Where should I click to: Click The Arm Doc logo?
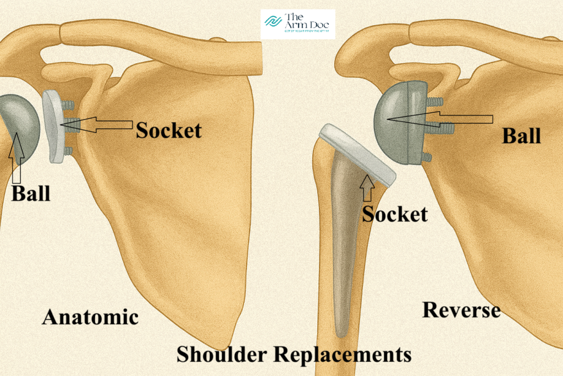click(x=297, y=24)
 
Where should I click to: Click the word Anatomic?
click(x=90, y=317)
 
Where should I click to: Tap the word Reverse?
click(x=461, y=310)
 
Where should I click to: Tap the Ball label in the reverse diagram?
click(x=521, y=135)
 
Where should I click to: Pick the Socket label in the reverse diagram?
click(x=395, y=214)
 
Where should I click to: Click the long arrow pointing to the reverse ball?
click(x=440, y=119)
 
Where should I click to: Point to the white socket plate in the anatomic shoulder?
click(x=54, y=127)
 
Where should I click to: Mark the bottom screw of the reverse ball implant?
click(x=425, y=158)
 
